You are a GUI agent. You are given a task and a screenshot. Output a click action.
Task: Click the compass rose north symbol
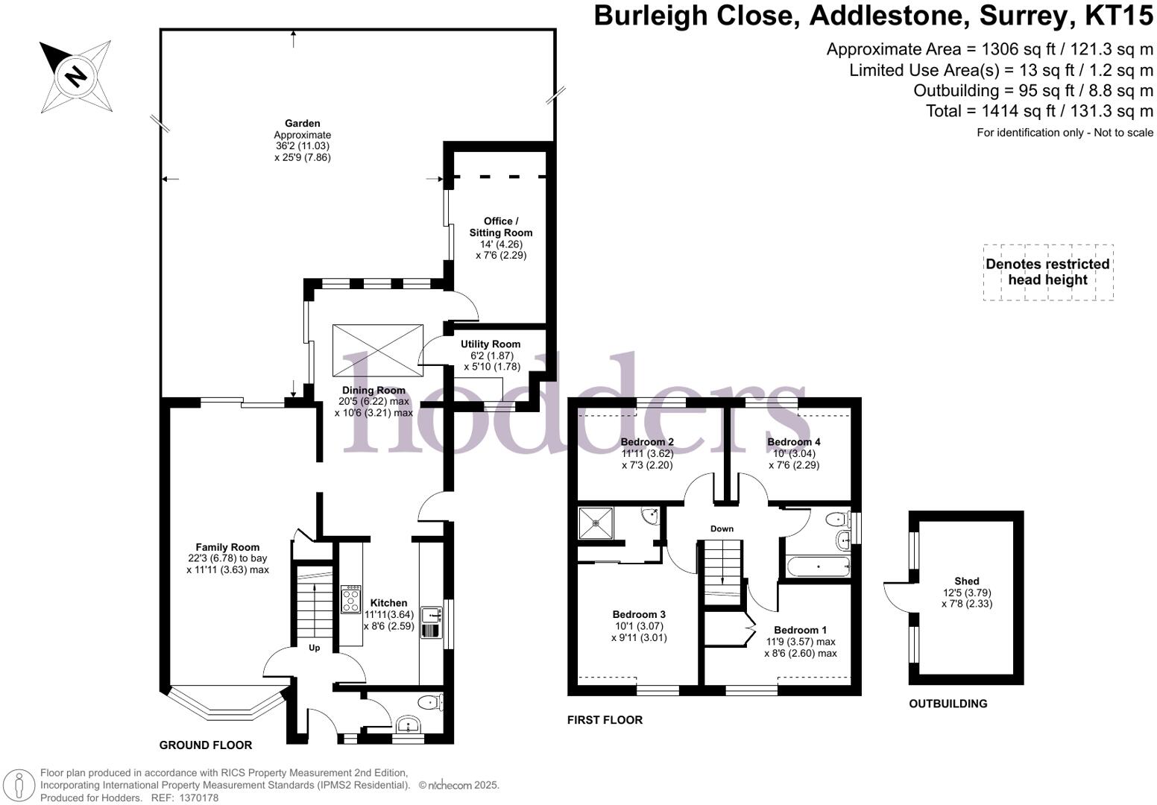(x=75, y=76)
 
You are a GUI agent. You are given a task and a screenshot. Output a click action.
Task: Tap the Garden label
(x=302, y=124)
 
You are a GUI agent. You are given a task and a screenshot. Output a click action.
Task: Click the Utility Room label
(x=490, y=344)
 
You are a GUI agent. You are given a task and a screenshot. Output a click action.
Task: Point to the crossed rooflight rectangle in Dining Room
(x=378, y=350)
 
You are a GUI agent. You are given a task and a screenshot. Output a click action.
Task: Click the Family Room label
(x=227, y=547)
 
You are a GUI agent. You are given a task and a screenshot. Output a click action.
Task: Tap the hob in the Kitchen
(x=350, y=599)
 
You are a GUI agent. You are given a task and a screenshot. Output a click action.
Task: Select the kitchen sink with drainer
(x=432, y=623)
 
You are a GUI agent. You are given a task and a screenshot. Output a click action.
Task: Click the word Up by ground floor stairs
(x=315, y=648)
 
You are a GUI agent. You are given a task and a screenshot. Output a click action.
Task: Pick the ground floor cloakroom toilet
(x=430, y=702)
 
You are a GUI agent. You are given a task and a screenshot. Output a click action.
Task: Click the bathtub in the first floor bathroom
(x=818, y=566)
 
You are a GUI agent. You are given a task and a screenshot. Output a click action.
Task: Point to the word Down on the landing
(x=722, y=528)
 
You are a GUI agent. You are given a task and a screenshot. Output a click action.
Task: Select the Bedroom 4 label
(x=794, y=442)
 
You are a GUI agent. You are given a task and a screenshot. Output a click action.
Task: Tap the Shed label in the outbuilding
(x=966, y=581)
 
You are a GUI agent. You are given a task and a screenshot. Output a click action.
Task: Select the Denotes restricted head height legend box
(x=1047, y=272)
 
